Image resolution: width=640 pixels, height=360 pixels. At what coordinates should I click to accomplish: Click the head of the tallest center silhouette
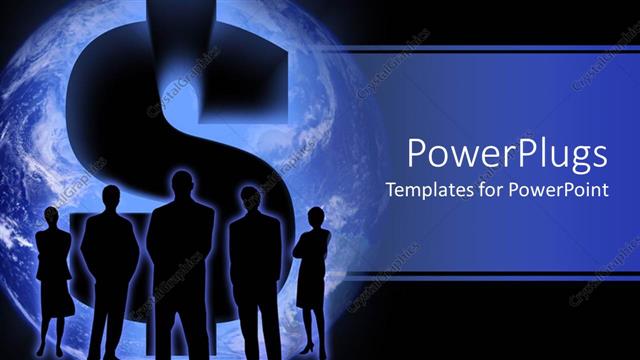click(182, 186)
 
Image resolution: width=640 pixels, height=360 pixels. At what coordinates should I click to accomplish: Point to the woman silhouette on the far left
click(51, 270)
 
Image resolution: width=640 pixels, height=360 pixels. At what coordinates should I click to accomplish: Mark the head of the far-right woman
click(316, 217)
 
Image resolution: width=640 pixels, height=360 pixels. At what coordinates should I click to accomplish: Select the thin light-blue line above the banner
click(490, 48)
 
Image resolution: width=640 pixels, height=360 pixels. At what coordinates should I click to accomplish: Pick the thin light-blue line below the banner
click(490, 272)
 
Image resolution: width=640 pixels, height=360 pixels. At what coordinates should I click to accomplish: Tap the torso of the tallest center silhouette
click(180, 250)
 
